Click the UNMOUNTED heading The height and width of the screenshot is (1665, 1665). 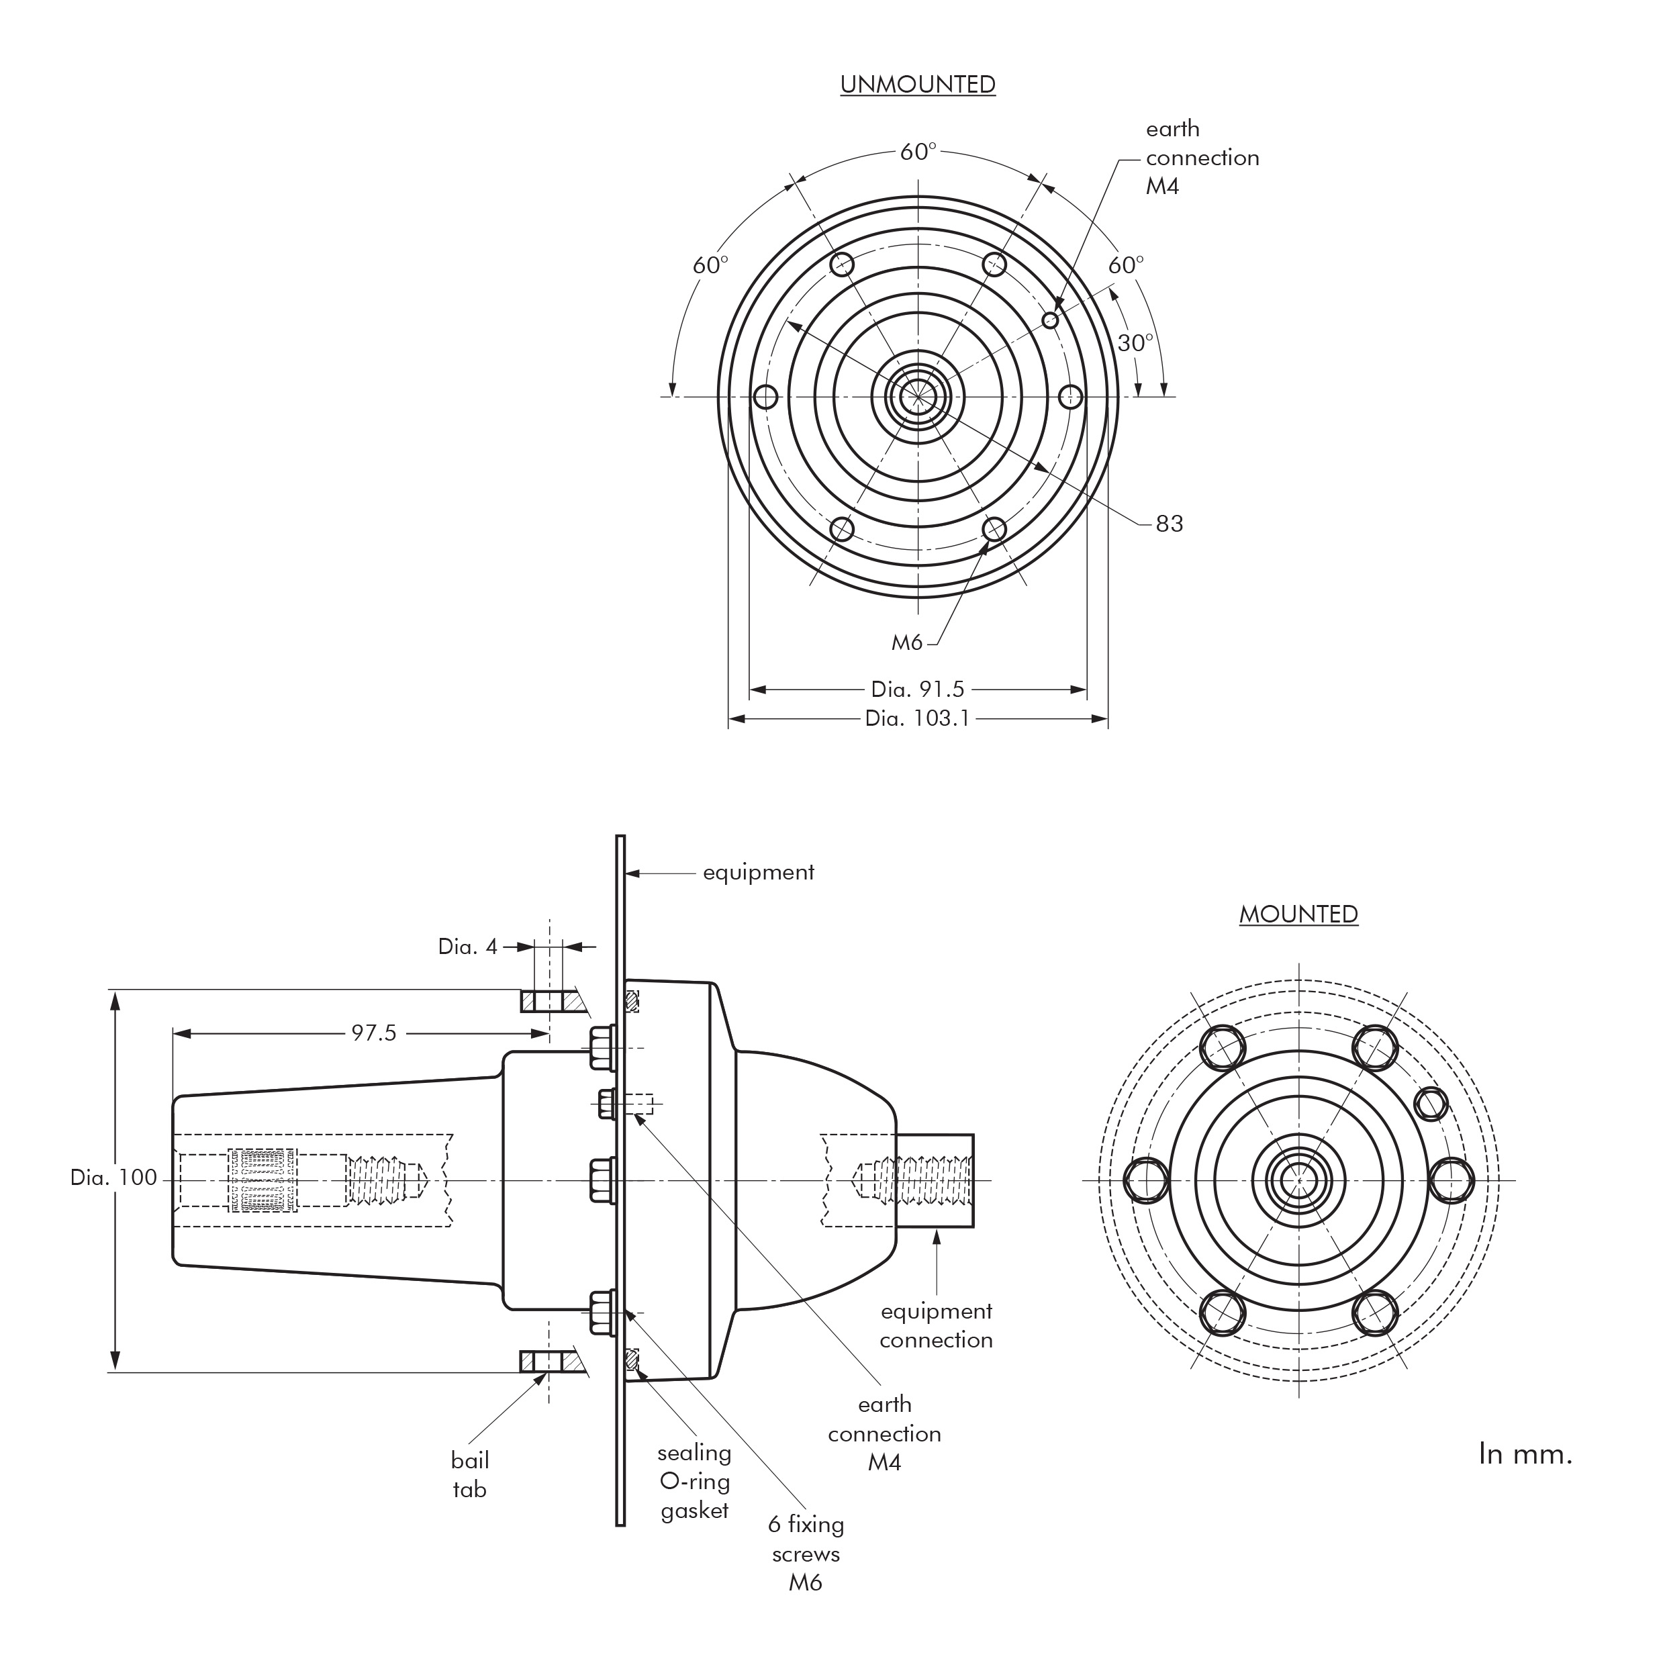pos(917,85)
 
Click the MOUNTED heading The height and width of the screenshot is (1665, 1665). pos(1298,914)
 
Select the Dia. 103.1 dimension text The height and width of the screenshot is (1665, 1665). pos(917,718)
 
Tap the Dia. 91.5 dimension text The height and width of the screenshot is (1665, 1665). pos(917,689)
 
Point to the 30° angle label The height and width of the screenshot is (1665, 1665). pos(1135,343)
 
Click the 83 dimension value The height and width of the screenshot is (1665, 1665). pos(1169,524)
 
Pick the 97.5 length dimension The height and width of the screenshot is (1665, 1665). pos(373,1033)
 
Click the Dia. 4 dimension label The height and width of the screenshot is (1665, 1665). pos(467,947)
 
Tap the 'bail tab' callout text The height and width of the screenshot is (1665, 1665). pos(470,1474)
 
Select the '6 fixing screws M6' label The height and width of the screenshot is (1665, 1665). pos(806,1553)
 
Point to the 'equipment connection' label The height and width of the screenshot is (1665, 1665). pos(936,1325)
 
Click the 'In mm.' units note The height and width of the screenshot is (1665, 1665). pos(1525,1455)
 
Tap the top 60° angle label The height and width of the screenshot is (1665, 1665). pos(917,152)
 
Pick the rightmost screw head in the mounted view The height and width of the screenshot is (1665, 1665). pos(1452,1180)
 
